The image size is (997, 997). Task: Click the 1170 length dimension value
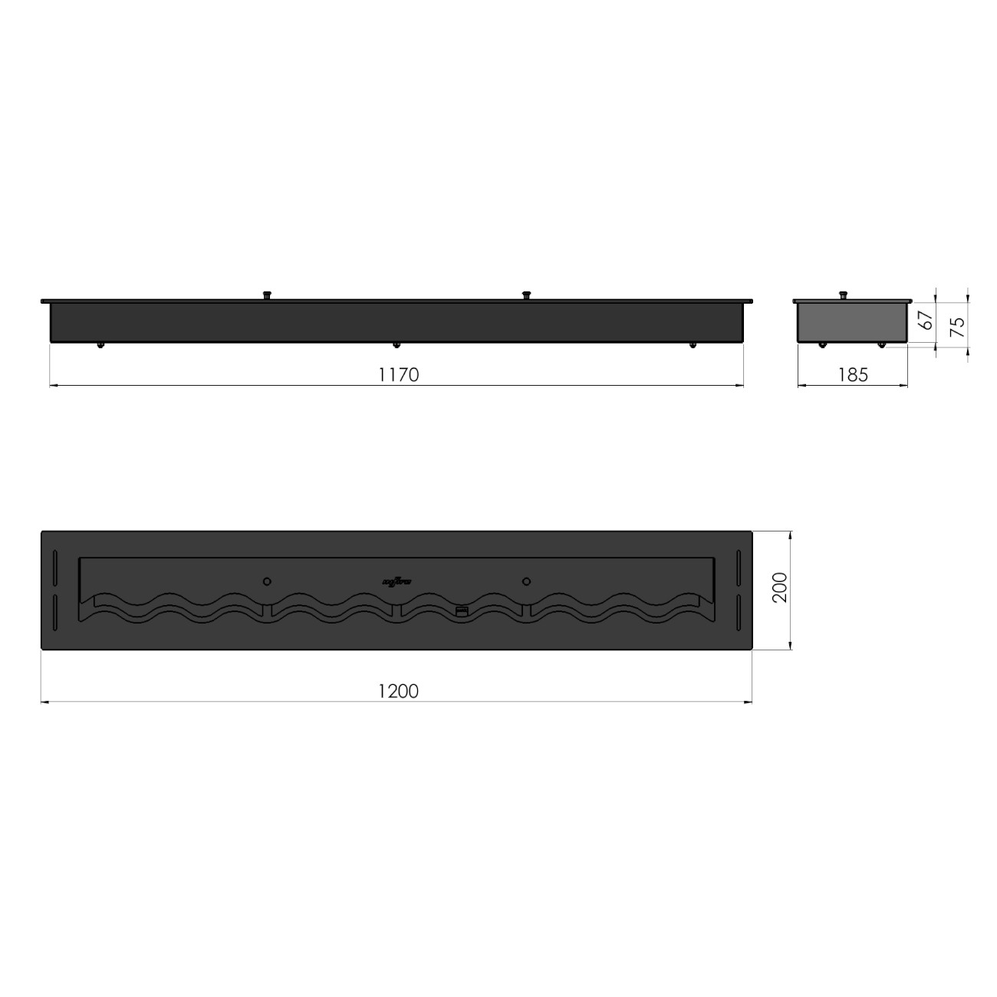398,374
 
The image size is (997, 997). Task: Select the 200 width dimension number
779,589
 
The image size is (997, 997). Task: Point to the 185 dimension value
852,374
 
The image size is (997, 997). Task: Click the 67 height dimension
927,321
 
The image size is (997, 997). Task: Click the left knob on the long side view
268,294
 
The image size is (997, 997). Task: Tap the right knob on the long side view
526,294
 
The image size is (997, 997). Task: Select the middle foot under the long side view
396,344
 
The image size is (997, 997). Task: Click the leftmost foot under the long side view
100,344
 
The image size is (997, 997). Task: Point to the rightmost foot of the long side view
693,344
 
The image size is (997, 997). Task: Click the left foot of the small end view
821,344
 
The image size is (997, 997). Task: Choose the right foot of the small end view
882,344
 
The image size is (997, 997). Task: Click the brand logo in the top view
396,581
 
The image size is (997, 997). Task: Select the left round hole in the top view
267,581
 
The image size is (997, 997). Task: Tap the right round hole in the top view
526,581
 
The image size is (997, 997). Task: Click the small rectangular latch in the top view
461,610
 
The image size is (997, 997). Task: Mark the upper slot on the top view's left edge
55,568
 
